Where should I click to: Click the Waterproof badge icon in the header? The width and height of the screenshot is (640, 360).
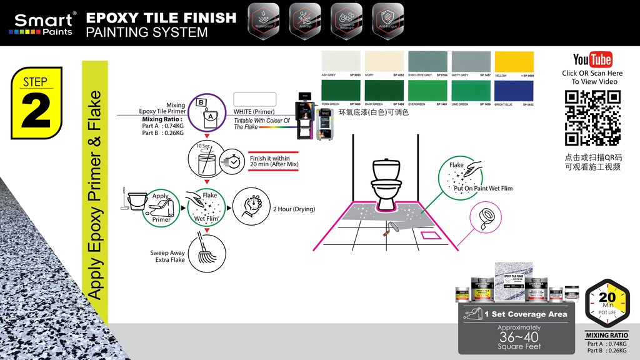click(263, 22)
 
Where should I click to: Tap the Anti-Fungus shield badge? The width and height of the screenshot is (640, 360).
click(387, 22)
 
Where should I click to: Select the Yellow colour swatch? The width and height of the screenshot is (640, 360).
click(514, 62)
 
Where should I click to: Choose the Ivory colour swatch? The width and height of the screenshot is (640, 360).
click(384, 62)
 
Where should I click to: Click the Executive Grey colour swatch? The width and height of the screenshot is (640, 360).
click(427, 62)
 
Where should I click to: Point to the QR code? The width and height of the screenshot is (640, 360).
click(592, 117)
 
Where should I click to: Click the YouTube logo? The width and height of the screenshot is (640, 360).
click(592, 59)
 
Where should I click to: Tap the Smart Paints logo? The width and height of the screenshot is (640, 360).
click(42, 23)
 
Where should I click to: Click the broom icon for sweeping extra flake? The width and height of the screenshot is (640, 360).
click(207, 252)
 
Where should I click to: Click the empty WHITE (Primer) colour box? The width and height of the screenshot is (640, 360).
click(254, 100)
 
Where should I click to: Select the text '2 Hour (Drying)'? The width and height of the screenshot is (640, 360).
click(294, 209)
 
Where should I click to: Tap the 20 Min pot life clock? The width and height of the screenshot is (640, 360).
click(607, 304)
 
